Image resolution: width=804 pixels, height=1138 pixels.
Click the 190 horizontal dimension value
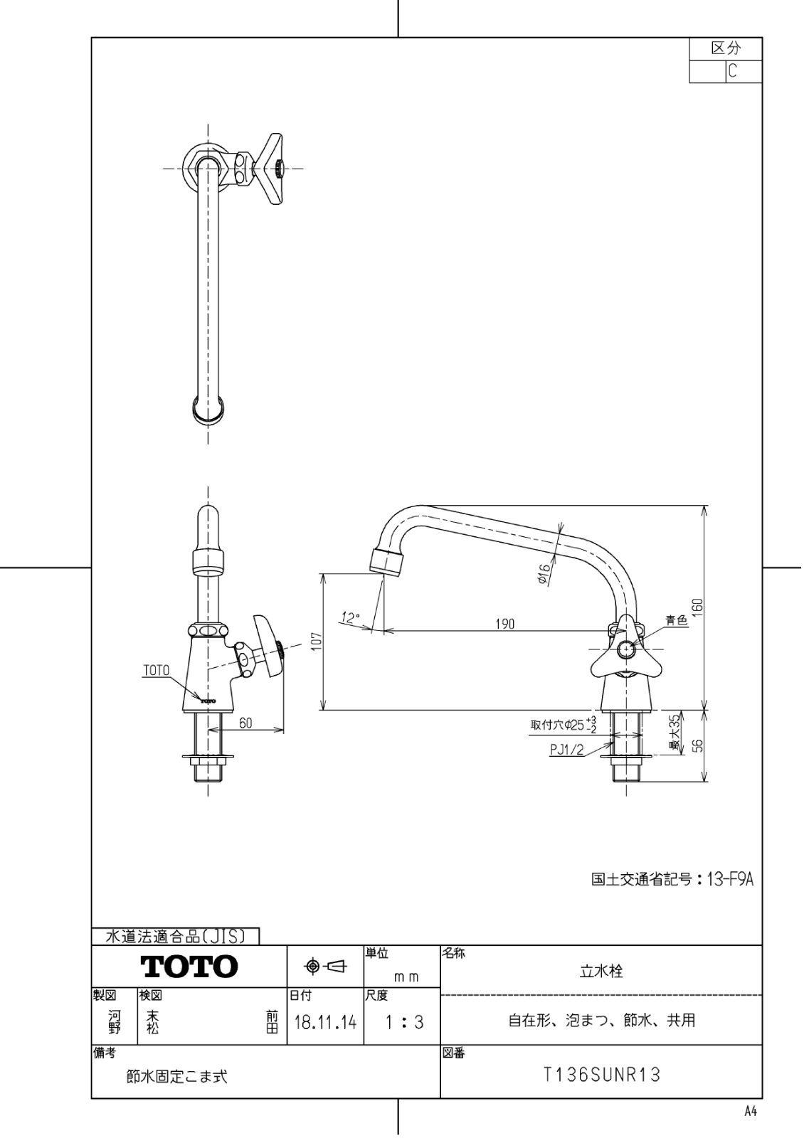[x=505, y=624]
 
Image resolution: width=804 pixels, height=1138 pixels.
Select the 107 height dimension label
[x=317, y=642]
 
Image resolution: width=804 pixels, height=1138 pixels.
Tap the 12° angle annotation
[x=350, y=618]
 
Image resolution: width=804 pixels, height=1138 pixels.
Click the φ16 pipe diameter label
[x=544, y=575]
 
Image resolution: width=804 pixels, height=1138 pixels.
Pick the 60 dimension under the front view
[x=245, y=723]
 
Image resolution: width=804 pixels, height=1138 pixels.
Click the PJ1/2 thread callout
[x=567, y=749]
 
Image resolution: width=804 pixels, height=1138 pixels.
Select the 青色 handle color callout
[x=677, y=621]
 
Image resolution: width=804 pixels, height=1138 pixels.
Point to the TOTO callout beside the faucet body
[x=156, y=670]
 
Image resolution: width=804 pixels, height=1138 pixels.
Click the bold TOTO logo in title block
[x=189, y=967]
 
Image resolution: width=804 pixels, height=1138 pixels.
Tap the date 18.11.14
[x=325, y=1023]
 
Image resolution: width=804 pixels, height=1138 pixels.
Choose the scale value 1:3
[x=404, y=1023]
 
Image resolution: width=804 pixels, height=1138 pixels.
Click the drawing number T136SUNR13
[x=602, y=1075]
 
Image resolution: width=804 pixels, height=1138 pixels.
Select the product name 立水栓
[x=602, y=972]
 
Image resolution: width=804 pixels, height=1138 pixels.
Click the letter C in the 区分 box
[x=732, y=72]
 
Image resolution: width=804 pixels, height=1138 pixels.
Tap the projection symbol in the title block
[x=325, y=966]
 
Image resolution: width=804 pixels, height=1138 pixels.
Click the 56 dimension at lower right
[x=698, y=745]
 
